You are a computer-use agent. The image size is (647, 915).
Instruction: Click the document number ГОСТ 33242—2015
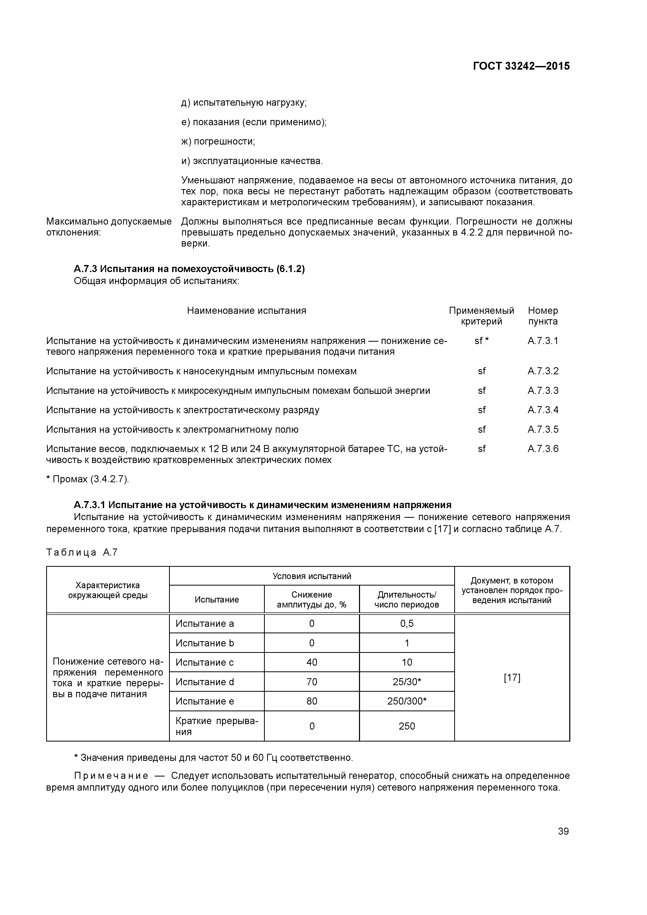point(521,66)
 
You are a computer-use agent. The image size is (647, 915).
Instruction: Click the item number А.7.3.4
point(543,410)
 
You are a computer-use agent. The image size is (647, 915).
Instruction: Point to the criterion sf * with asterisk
point(482,341)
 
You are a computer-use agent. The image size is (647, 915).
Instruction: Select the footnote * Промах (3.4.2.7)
point(88,479)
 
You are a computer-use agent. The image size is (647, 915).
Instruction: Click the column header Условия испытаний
point(312,576)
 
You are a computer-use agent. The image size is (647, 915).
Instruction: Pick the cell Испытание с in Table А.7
point(205,662)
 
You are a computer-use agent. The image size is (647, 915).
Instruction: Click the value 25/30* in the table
point(407,682)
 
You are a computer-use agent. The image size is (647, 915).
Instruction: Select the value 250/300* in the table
point(407,701)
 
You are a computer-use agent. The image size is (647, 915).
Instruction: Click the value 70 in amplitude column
point(312,682)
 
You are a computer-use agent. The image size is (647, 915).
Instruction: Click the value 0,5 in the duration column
point(407,624)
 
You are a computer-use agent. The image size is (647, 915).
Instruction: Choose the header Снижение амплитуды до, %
point(312,600)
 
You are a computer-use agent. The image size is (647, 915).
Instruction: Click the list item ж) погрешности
point(218,141)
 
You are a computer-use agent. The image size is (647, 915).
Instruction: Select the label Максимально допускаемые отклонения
point(109,227)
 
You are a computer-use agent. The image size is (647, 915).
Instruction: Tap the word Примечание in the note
point(111,775)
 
